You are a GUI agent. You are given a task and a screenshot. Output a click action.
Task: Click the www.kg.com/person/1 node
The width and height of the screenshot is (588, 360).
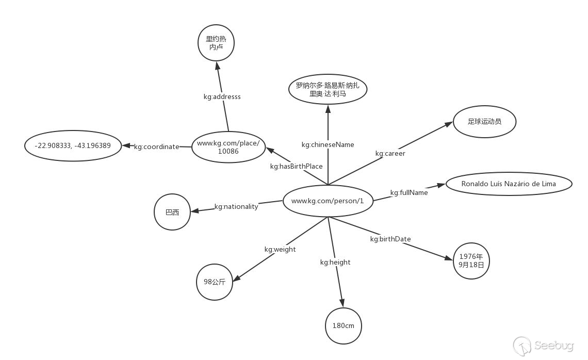click(x=328, y=201)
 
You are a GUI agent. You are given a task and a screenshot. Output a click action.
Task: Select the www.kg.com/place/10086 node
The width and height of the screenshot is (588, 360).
click(x=228, y=147)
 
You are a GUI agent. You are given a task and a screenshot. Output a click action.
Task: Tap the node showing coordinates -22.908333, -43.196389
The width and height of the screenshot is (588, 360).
click(x=73, y=145)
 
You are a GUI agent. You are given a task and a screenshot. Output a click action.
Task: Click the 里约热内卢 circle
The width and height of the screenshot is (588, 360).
click(x=216, y=43)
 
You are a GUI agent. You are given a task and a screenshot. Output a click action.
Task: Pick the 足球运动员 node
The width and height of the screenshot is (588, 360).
click(x=484, y=122)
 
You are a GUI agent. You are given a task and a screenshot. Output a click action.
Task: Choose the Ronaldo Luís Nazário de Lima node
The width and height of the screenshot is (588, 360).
click(x=509, y=184)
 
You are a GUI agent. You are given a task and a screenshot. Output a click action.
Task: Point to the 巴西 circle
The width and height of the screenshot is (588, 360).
click(x=172, y=212)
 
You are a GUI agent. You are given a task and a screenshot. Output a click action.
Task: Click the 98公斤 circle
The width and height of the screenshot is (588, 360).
click(x=215, y=282)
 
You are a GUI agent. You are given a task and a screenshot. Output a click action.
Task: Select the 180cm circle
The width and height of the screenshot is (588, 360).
click(x=344, y=326)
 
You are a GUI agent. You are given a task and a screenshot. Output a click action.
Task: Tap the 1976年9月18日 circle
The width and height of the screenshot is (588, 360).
click(x=471, y=261)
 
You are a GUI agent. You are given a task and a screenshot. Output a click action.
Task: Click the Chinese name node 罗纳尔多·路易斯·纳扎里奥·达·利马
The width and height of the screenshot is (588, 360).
click(x=328, y=90)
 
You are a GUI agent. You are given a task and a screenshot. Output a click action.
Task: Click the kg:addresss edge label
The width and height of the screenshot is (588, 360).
click(x=222, y=96)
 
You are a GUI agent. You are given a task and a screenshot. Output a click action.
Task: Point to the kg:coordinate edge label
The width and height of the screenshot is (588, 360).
click(x=156, y=146)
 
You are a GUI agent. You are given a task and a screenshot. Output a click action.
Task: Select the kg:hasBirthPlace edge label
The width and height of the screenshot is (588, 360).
click(x=296, y=166)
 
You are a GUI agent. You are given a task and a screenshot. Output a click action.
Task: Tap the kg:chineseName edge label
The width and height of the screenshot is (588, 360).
click(x=328, y=145)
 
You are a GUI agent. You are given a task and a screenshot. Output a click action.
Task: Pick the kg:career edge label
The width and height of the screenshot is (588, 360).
click(x=390, y=153)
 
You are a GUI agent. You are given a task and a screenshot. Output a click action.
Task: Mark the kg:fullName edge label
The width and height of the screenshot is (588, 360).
click(x=409, y=192)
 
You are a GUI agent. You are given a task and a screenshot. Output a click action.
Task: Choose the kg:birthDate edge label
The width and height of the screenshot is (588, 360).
click(x=390, y=239)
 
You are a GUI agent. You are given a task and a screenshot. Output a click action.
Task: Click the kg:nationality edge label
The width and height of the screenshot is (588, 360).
click(x=236, y=206)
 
